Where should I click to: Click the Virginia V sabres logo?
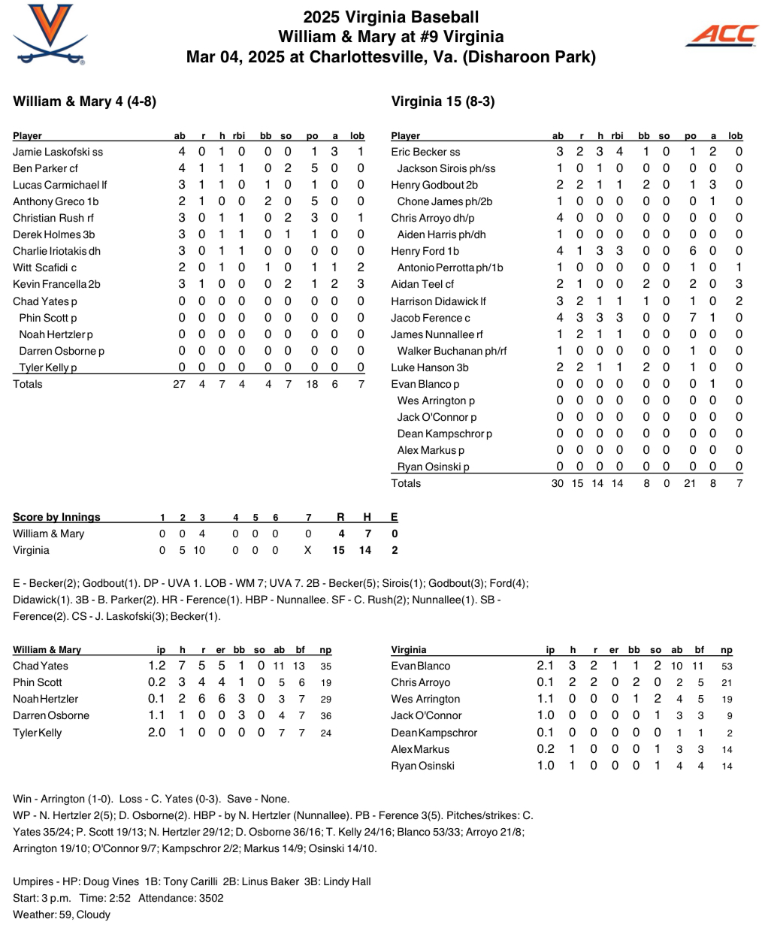click(50, 34)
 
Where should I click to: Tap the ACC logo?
click(722, 35)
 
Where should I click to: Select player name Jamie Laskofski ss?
click(58, 152)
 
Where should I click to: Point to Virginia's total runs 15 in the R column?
click(338, 550)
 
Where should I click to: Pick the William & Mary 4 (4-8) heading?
click(85, 101)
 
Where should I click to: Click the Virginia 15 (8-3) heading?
click(443, 101)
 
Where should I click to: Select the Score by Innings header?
click(56, 517)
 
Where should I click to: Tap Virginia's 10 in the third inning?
click(199, 550)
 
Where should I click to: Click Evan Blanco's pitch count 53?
click(726, 667)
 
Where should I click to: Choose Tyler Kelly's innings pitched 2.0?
click(156, 733)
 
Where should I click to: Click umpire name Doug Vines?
click(111, 881)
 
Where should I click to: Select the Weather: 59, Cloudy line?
click(62, 914)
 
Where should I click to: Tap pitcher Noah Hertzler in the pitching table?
click(45, 700)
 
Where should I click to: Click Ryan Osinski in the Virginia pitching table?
click(422, 766)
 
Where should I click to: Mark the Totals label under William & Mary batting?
click(28, 384)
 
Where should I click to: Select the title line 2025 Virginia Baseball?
click(391, 17)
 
